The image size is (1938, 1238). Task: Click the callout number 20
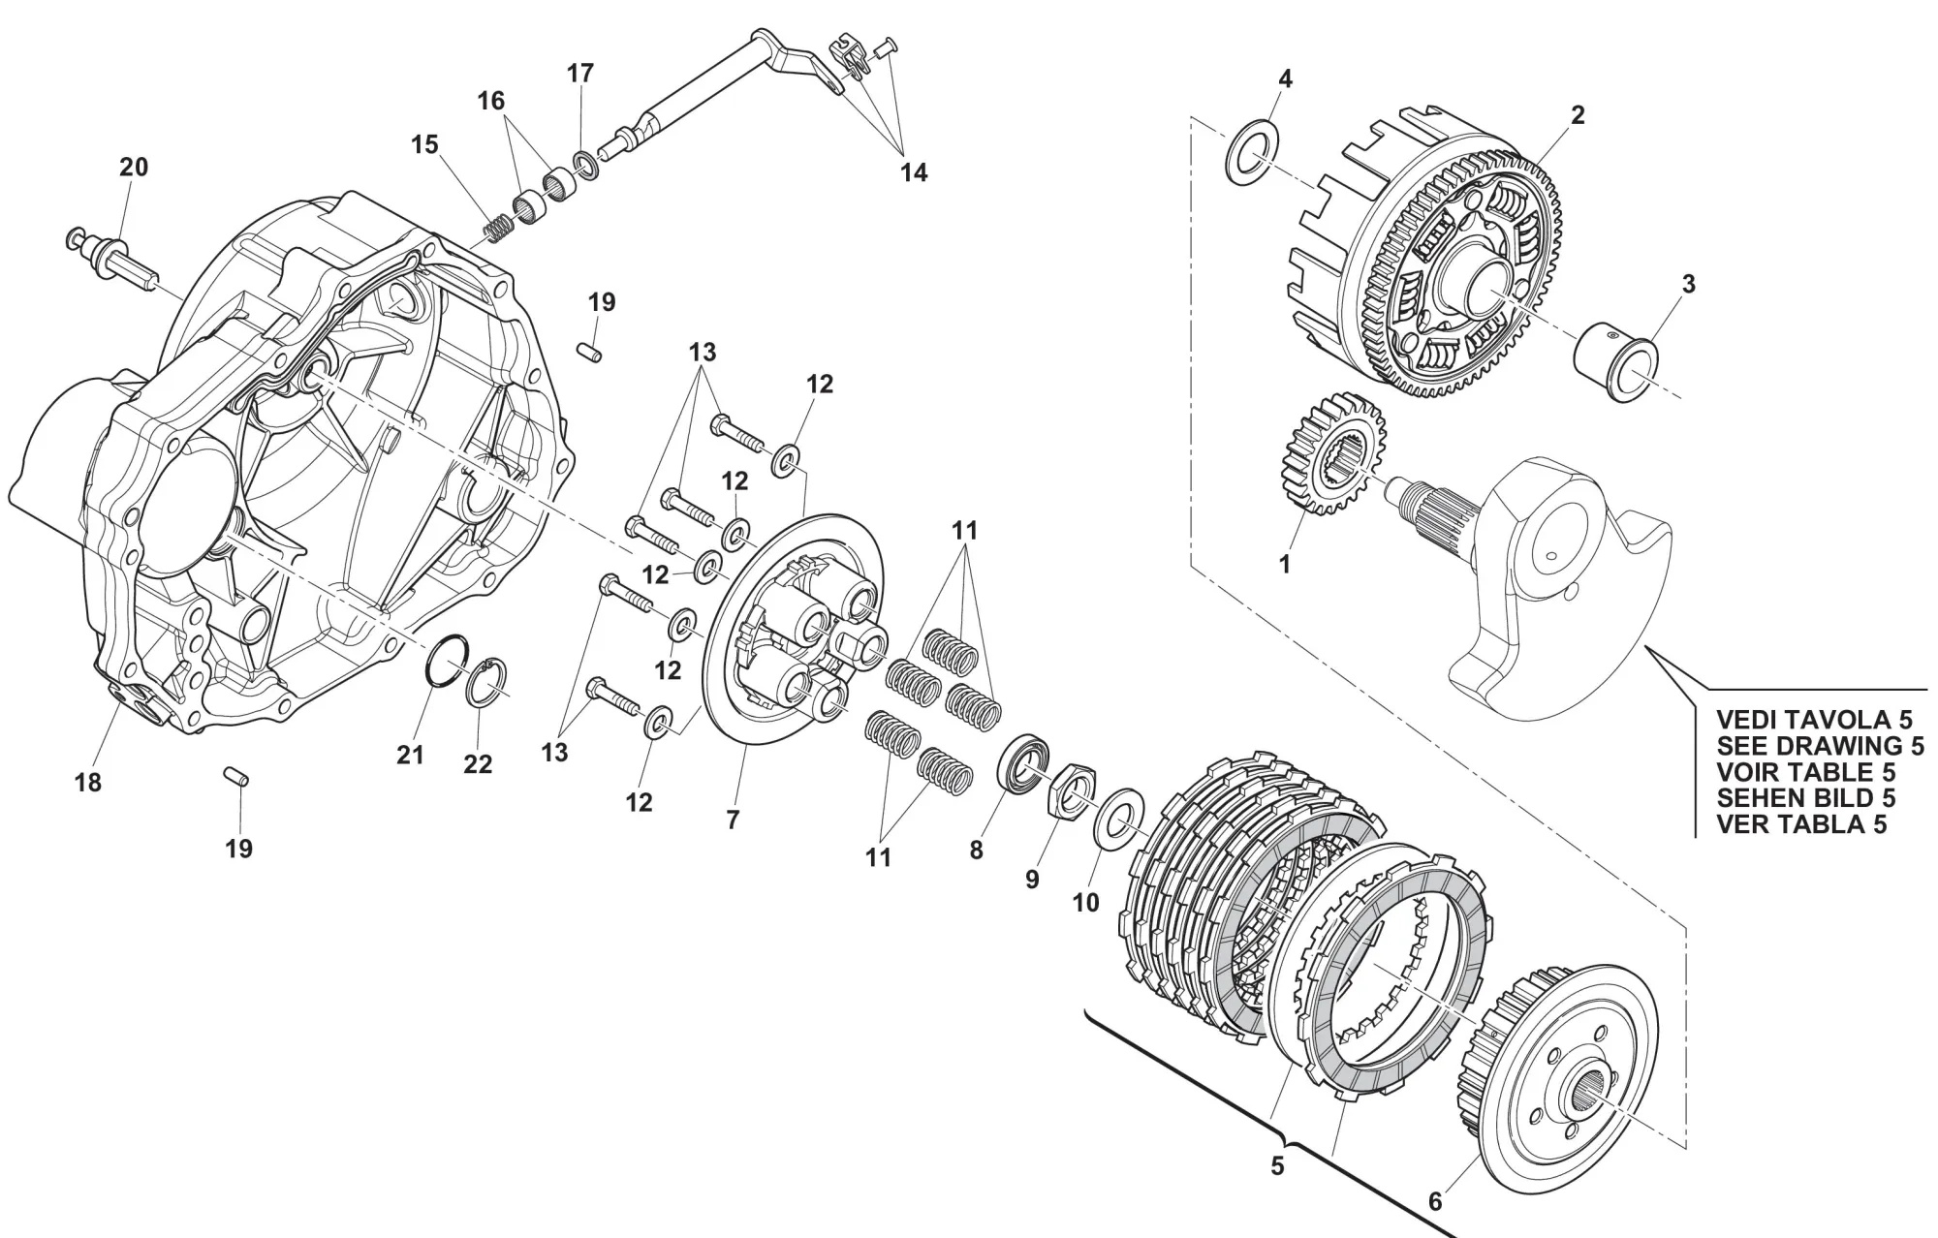click(134, 168)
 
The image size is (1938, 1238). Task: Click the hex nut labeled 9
click(1073, 789)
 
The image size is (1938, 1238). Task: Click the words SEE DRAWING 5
click(1820, 746)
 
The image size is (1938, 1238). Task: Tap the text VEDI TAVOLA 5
click(1814, 720)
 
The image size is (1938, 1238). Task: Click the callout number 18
click(88, 783)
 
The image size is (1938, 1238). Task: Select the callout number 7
click(733, 820)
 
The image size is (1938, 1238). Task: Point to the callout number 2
click(1578, 115)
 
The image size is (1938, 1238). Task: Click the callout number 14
click(914, 172)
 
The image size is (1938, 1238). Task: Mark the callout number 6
click(1434, 1202)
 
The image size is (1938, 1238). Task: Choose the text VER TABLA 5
click(1801, 824)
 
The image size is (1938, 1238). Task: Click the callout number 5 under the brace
click(1277, 1166)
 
